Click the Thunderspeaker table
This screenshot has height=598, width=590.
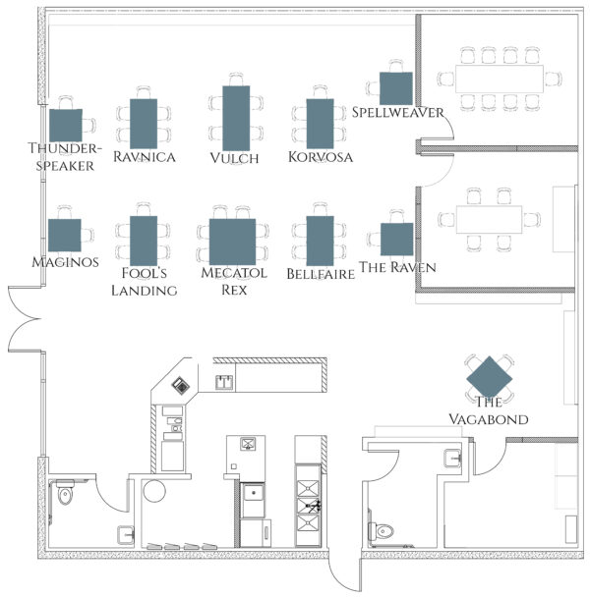click(66, 126)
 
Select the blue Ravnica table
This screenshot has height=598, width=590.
click(144, 124)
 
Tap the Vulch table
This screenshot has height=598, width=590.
click(236, 118)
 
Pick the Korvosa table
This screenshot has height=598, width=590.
click(320, 124)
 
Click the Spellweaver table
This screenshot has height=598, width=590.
click(396, 88)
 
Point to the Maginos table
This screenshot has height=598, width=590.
click(65, 236)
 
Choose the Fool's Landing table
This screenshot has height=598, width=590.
click(144, 241)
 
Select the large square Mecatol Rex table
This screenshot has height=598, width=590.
click(233, 242)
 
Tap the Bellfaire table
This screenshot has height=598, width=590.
click(320, 241)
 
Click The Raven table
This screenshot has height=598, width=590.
click(396, 240)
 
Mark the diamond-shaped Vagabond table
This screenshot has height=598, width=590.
click(489, 378)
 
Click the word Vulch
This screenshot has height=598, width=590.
click(234, 158)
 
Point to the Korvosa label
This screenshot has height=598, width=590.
click(321, 157)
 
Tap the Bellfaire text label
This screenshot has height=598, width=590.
click(321, 274)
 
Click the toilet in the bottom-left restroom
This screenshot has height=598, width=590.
click(65, 493)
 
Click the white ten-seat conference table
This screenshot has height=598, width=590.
click(500, 79)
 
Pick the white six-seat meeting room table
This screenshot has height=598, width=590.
click(489, 220)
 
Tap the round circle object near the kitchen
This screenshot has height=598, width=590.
click(154, 491)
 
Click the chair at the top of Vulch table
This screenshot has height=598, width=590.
click(236, 80)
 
